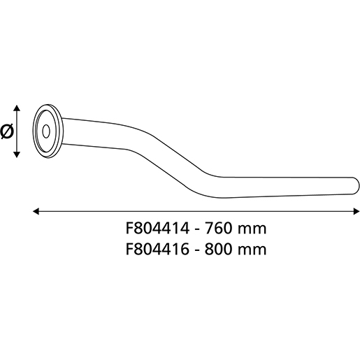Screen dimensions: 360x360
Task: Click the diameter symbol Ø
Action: [8, 130]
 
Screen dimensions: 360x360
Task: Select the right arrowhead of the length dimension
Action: [354, 210]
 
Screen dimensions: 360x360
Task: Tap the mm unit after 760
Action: [252, 229]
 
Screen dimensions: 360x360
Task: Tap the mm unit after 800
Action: [252, 248]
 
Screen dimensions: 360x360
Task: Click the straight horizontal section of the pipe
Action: [287, 185]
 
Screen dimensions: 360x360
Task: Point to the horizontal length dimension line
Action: [196, 210]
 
